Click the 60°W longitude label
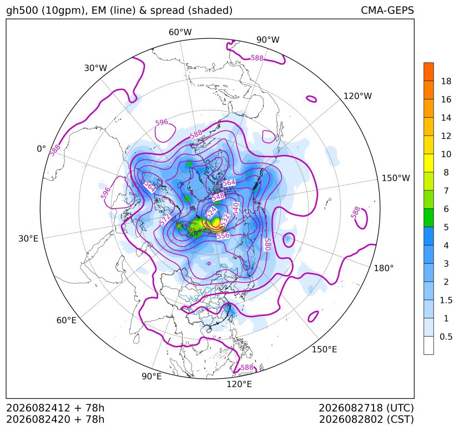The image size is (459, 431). coord(180,32)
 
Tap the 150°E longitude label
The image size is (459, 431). coord(324,349)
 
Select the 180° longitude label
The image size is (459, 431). coord(384,268)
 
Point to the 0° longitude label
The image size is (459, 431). coord(41,149)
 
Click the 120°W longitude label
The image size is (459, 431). coord(357,96)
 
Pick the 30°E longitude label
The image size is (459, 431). coord(28,238)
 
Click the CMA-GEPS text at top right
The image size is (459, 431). coord(387,10)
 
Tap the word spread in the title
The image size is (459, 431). coord(167,11)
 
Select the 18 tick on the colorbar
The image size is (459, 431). coord(446,81)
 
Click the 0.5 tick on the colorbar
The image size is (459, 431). coord(446,337)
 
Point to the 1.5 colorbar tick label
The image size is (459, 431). coord(446,300)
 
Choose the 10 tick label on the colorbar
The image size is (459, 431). coord(446,154)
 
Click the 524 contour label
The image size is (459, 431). coord(211,212)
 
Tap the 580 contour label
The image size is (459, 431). coord(266,244)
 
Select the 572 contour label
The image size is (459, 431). coord(165,220)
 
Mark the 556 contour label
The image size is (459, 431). coord(223,235)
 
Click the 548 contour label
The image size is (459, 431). coord(218,196)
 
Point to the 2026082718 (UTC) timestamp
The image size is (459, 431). coord(366,408)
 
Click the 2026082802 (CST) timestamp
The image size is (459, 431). coord(366,419)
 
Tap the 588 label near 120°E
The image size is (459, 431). coord(247,368)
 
